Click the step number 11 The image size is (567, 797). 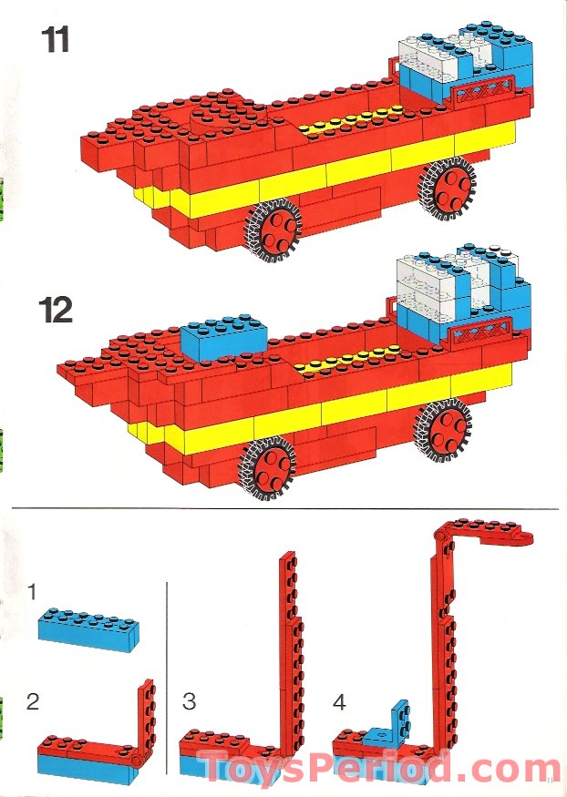pos(55,40)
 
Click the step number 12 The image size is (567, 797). pos(56,310)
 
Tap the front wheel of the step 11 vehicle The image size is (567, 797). pos(273,230)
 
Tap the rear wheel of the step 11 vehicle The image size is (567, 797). pos(448,188)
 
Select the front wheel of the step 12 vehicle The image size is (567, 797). pos(267,467)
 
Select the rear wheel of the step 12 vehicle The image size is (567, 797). pos(442,430)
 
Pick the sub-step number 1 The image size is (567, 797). pos(32,592)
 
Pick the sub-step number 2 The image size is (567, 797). pos(33,701)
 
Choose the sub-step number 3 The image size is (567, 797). pos(190,701)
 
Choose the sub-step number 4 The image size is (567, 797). pos(340,702)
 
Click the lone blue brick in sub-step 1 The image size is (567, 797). pos(88,629)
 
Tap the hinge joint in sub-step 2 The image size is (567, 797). pos(137,761)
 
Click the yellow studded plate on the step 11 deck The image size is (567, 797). pos(351,120)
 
